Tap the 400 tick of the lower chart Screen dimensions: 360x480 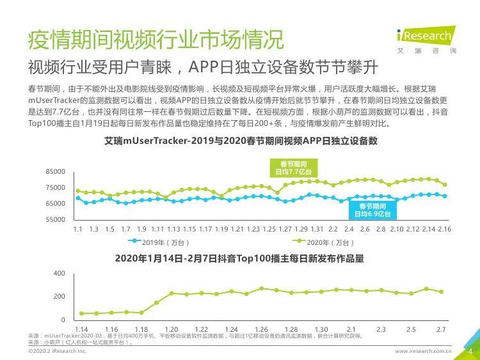tap(60, 273)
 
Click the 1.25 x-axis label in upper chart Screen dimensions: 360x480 tap(269, 229)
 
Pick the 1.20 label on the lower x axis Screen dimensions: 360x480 tap(172, 329)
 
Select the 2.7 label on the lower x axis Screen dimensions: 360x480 tap(441, 329)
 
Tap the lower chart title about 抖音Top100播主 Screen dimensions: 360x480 tap(239, 259)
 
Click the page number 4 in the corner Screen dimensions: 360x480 tap(470, 350)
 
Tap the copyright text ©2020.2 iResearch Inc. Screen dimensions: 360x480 tap(57, 351)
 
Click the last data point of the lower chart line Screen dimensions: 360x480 tap(441, 292)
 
